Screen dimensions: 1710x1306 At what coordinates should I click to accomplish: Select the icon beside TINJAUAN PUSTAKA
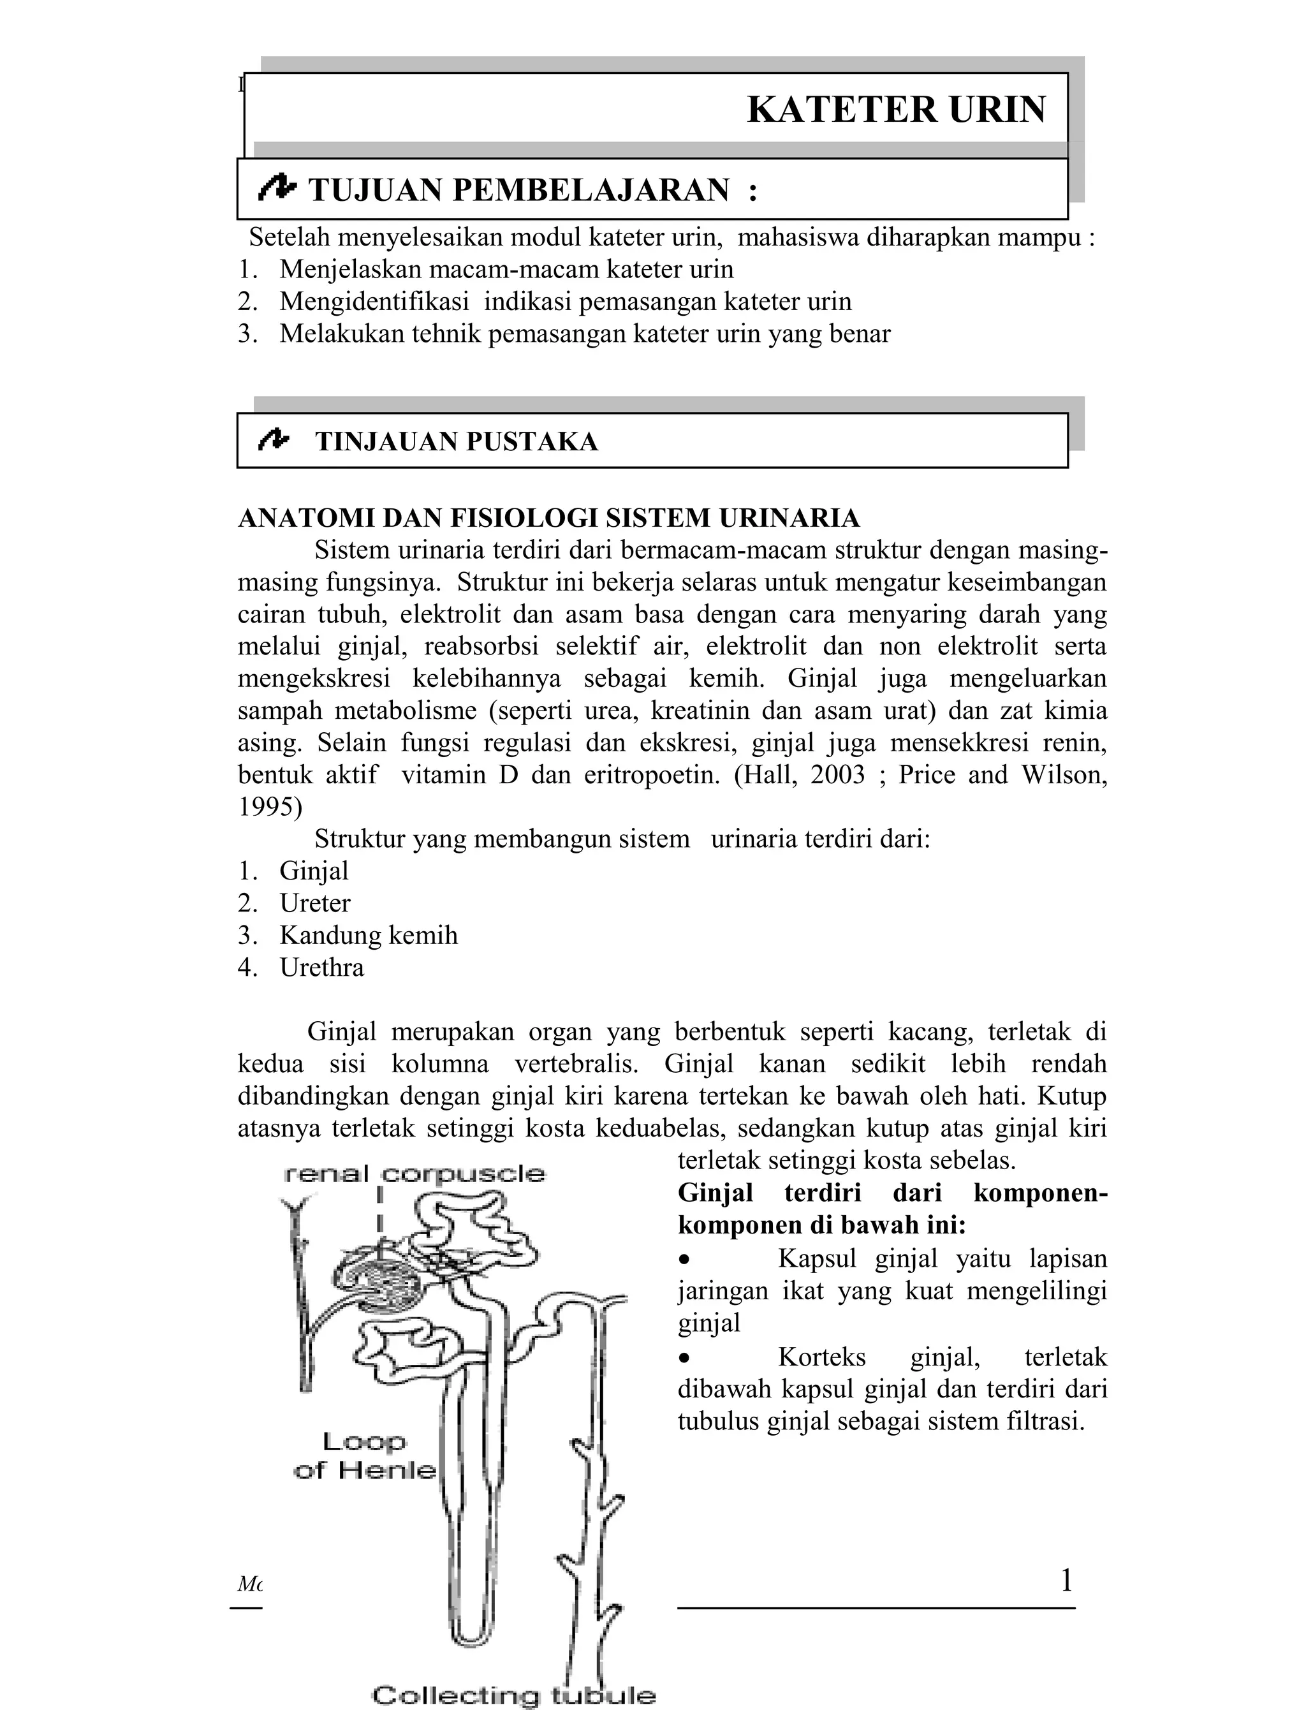274,439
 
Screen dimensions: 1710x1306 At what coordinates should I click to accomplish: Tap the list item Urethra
322,968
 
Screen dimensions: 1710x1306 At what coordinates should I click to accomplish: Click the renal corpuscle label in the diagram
415,1174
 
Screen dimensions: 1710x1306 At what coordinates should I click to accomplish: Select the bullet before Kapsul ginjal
684,1260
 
